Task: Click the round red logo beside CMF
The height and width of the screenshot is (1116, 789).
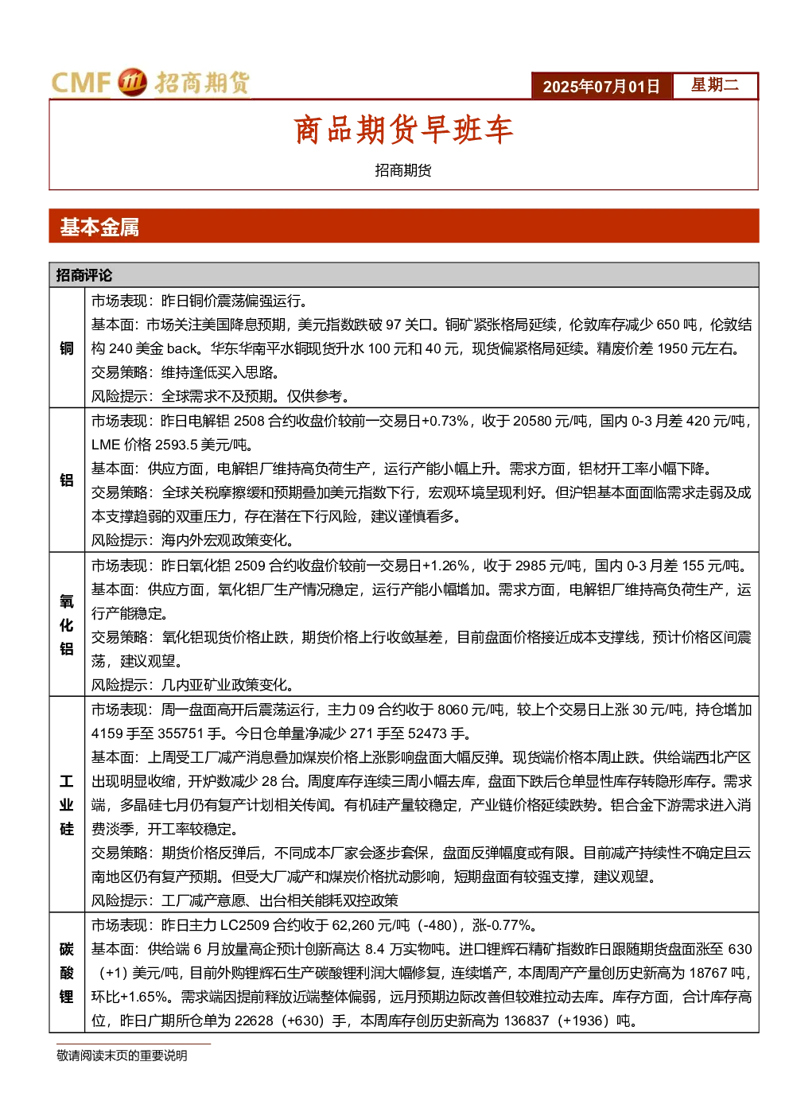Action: tap(132, 82)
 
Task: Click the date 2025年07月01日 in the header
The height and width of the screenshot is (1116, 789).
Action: tap(600, 87)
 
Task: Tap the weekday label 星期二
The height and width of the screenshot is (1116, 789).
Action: tap(715, 84)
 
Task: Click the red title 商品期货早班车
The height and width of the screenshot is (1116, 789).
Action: tap(403, 130)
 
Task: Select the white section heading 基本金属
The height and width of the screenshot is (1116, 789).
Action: tap(99, 227)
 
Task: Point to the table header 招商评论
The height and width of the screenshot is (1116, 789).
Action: tap(84, 275)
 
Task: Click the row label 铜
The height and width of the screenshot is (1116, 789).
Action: tap(67, 348)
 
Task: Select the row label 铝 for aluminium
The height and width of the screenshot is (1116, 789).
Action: tap(67, 480)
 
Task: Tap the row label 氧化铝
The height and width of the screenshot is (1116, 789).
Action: tap(67, 624)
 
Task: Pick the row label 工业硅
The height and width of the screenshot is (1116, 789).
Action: tap(67, 805)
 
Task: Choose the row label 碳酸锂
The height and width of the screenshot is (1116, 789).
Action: tap(67, 973)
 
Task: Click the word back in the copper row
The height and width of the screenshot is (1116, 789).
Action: tap(182, 348)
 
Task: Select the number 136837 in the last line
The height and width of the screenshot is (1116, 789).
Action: tap(527, 1021)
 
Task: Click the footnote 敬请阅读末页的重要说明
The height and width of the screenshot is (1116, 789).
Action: tap(122, 1056)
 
